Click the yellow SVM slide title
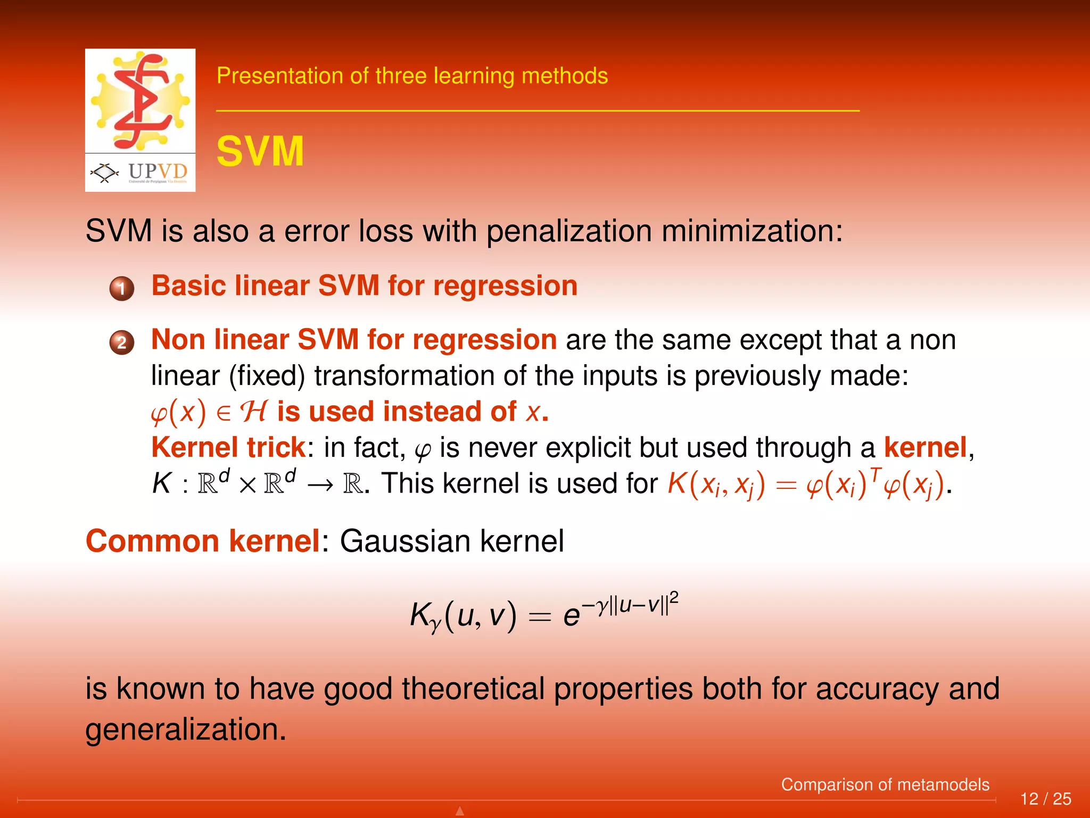point(260,152)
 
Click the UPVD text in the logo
point(158,171)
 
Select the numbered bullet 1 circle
point(122,289)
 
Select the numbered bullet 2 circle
point(122,342)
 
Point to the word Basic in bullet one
point(188,286)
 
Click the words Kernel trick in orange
point(228,447)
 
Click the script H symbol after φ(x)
point(253,412)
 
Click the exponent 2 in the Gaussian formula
point(674,598)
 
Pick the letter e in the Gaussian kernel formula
point(572,617)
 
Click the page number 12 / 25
point(1045,799)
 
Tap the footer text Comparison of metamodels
point(885,784)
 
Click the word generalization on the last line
point(186,730)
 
